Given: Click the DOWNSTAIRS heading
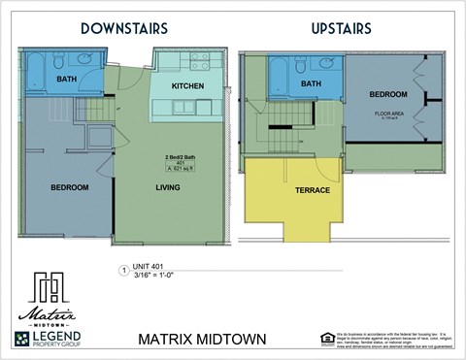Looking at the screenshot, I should click(123, 28).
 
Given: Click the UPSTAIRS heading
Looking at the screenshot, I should click(341, 28).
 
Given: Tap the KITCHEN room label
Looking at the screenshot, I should click(188, 86).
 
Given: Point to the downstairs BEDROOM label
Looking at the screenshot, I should click(69, 187).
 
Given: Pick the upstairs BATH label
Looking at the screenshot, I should click(311, 84).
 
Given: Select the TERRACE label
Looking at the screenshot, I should click(313, 190).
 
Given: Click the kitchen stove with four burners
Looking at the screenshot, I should click(199, 62).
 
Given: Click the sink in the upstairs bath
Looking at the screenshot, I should click(327, 65).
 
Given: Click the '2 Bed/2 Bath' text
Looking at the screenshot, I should click(177, 156).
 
